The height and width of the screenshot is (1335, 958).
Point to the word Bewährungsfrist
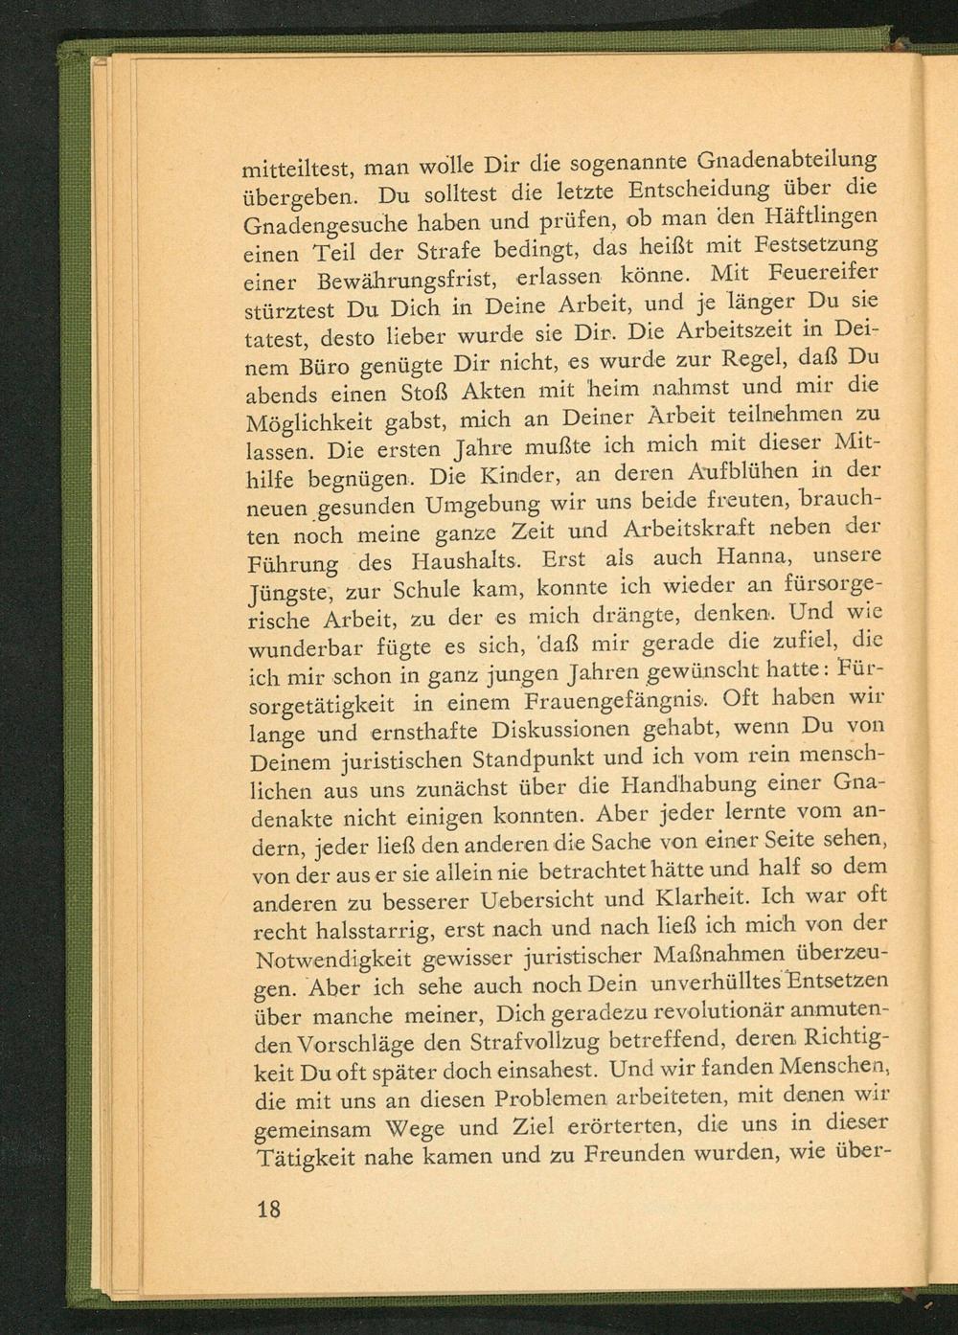point(402,280)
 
